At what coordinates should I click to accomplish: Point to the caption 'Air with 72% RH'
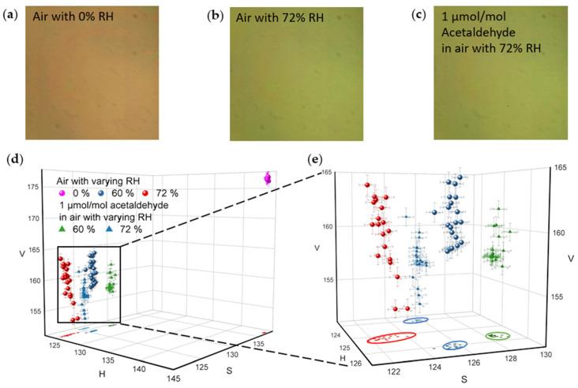coord(280,17)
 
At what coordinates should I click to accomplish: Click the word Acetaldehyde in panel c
coord(507,36)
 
